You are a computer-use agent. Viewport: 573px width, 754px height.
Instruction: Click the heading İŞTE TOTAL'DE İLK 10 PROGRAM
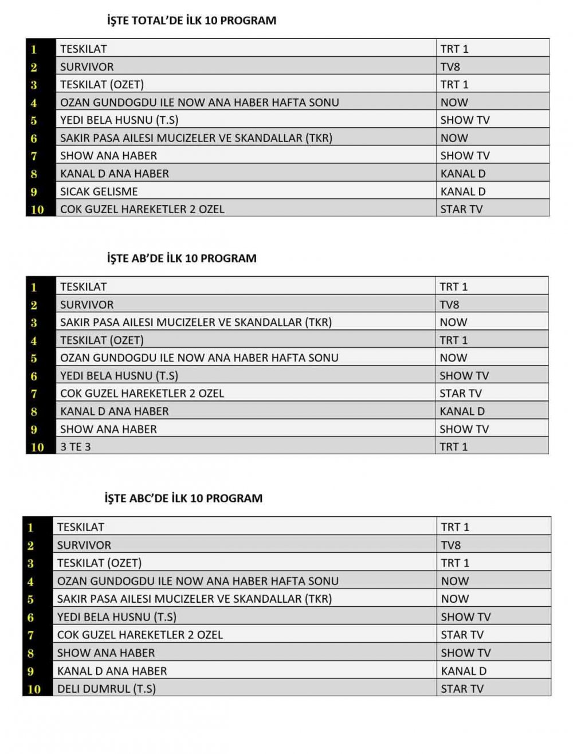191,21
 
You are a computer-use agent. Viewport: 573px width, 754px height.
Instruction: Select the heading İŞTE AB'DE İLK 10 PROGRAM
182,258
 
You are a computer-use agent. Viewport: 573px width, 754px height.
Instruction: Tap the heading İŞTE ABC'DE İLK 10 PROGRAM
183,498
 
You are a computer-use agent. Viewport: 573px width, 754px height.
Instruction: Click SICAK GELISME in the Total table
99,191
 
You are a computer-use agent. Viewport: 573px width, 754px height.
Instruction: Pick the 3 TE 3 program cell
76,447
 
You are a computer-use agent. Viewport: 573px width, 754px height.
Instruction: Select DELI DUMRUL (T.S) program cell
107,689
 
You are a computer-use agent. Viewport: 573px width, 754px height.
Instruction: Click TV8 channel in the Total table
450,67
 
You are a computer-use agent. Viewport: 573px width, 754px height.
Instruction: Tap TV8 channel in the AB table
450,305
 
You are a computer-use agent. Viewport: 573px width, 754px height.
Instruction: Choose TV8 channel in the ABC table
451,545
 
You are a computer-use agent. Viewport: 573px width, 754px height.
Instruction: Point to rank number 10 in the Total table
37,210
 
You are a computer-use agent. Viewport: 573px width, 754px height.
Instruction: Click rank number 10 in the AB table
37,447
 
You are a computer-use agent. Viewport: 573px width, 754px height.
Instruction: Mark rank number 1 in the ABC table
31,528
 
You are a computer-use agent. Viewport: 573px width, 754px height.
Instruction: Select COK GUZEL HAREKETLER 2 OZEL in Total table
142,209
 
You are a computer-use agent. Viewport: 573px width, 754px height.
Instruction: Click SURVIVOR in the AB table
87,305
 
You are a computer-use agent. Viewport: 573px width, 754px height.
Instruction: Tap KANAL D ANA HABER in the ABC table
112,671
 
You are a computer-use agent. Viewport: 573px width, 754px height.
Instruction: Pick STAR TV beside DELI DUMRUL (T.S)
462,689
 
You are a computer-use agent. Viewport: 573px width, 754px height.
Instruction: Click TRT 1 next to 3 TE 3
454,447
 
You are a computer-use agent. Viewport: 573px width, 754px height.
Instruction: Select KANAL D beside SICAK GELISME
463,191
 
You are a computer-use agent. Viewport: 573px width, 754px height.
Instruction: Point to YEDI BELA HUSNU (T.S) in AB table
119,376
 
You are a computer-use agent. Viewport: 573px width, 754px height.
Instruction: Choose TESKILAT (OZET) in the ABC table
99,563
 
